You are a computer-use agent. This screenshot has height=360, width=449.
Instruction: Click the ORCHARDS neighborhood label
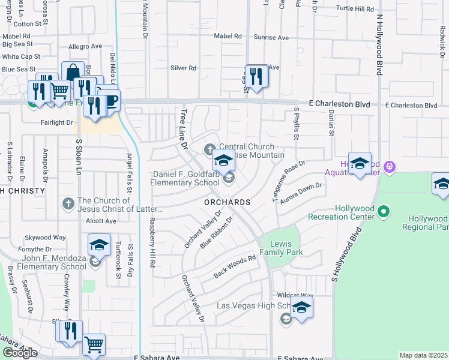pos(228,203)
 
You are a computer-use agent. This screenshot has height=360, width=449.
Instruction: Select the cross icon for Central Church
pos(210,148)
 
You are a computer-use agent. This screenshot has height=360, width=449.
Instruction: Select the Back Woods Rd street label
pos(235,268)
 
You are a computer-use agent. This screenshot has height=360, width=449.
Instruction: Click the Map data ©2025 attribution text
pos(424,355)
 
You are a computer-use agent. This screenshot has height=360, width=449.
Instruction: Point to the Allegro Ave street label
pos(85,46)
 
